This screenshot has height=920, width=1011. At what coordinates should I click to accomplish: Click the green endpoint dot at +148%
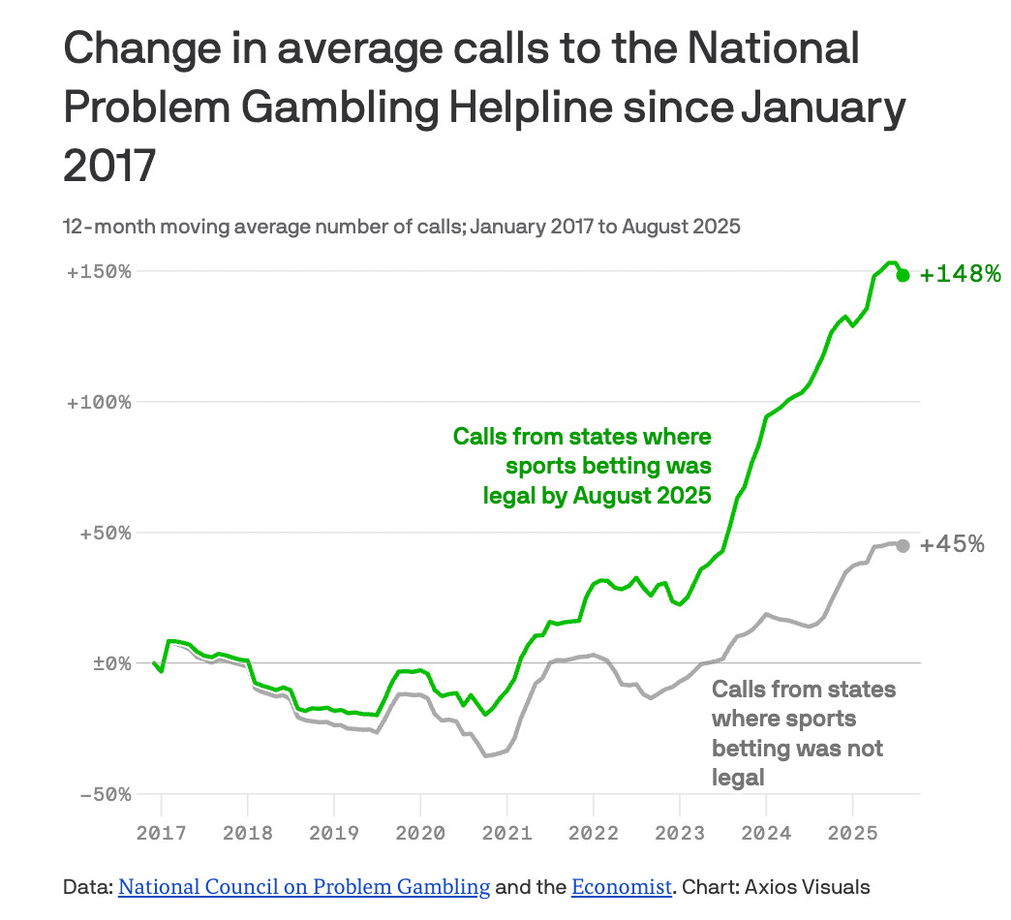[x=903, y=275]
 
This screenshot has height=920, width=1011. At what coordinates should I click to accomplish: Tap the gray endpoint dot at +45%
[x=903, y=546]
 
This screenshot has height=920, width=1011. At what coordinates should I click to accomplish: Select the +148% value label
[x=960, y=274]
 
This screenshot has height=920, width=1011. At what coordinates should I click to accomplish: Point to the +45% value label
[x=952, y=544]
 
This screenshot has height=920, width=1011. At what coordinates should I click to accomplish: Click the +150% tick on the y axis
[x=99, y=271]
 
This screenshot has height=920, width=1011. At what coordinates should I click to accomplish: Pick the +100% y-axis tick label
[x=99, y=402]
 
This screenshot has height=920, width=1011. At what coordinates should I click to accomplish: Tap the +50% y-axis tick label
[x=106, y=534]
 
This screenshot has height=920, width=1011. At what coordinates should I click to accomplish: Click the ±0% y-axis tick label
[x=112, y=663]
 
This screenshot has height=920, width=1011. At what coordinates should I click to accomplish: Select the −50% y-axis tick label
[x=106, y=794]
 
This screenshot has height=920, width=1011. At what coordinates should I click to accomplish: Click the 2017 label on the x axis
[x=161, y=833]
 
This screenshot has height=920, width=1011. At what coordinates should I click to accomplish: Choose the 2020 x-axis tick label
[x=420, y=833]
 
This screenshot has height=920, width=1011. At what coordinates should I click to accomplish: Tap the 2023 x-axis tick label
[x=680, y=833]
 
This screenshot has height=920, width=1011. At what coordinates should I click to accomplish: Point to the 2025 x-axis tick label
[x=852, y=833]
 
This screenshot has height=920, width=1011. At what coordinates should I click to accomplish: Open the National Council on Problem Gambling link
[x=304, y=887]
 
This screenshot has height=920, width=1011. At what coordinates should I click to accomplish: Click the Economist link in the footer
[x=622, y=887]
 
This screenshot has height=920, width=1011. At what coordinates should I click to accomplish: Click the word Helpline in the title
[x=531, y=107]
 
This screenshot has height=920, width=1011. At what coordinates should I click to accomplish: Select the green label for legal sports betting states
[x=582, y=466]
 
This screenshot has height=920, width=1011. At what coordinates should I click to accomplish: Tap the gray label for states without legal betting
[x=804, y=733]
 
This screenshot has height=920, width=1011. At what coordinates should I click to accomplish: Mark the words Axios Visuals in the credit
[x=808, y=887]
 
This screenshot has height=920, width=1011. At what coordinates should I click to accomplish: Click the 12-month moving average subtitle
[x=402, y=227]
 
